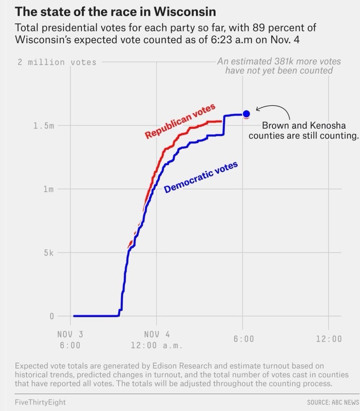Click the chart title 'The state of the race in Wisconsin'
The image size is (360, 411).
pos(115,12)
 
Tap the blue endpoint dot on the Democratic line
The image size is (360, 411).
pos(246,114)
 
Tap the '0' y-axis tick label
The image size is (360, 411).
pos(52,316)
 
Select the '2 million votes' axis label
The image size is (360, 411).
pos(57,62)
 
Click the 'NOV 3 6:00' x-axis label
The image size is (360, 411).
pos(70,340)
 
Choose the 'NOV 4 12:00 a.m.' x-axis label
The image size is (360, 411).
pos(156,340)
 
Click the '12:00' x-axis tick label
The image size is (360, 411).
pos(329,339)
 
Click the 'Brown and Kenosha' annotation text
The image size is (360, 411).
pos(304,126)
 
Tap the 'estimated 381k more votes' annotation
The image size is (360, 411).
pos(279,62)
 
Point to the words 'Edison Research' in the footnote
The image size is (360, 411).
pos(183,366)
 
